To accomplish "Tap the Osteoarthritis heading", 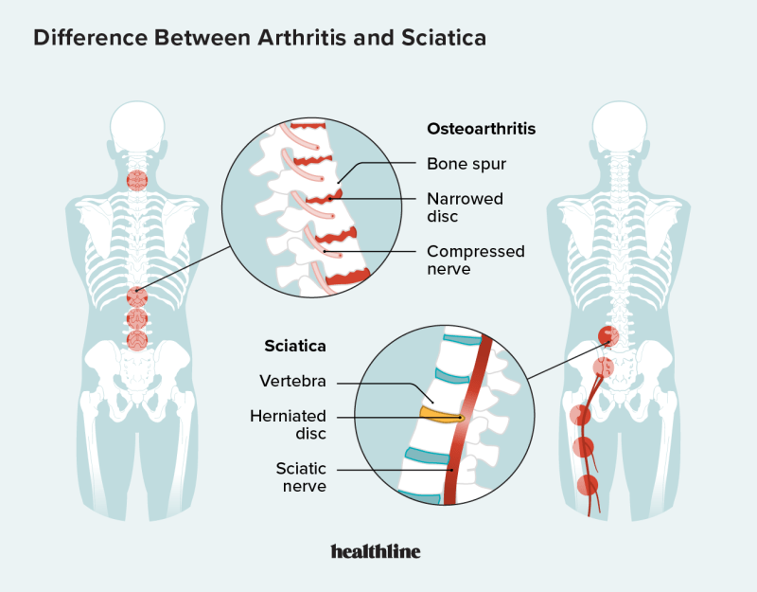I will (481, 129).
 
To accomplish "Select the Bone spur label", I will (466, 164).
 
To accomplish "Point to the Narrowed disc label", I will (465, 207).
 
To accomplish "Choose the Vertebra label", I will (294, 381).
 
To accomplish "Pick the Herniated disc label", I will (288, 424).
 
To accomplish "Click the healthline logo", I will (376, 551).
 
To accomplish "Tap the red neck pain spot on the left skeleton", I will (137, 179).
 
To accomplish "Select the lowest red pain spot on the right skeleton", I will (588, 486).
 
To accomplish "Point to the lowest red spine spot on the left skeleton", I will (138, 339).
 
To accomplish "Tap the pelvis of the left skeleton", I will (137, 365).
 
